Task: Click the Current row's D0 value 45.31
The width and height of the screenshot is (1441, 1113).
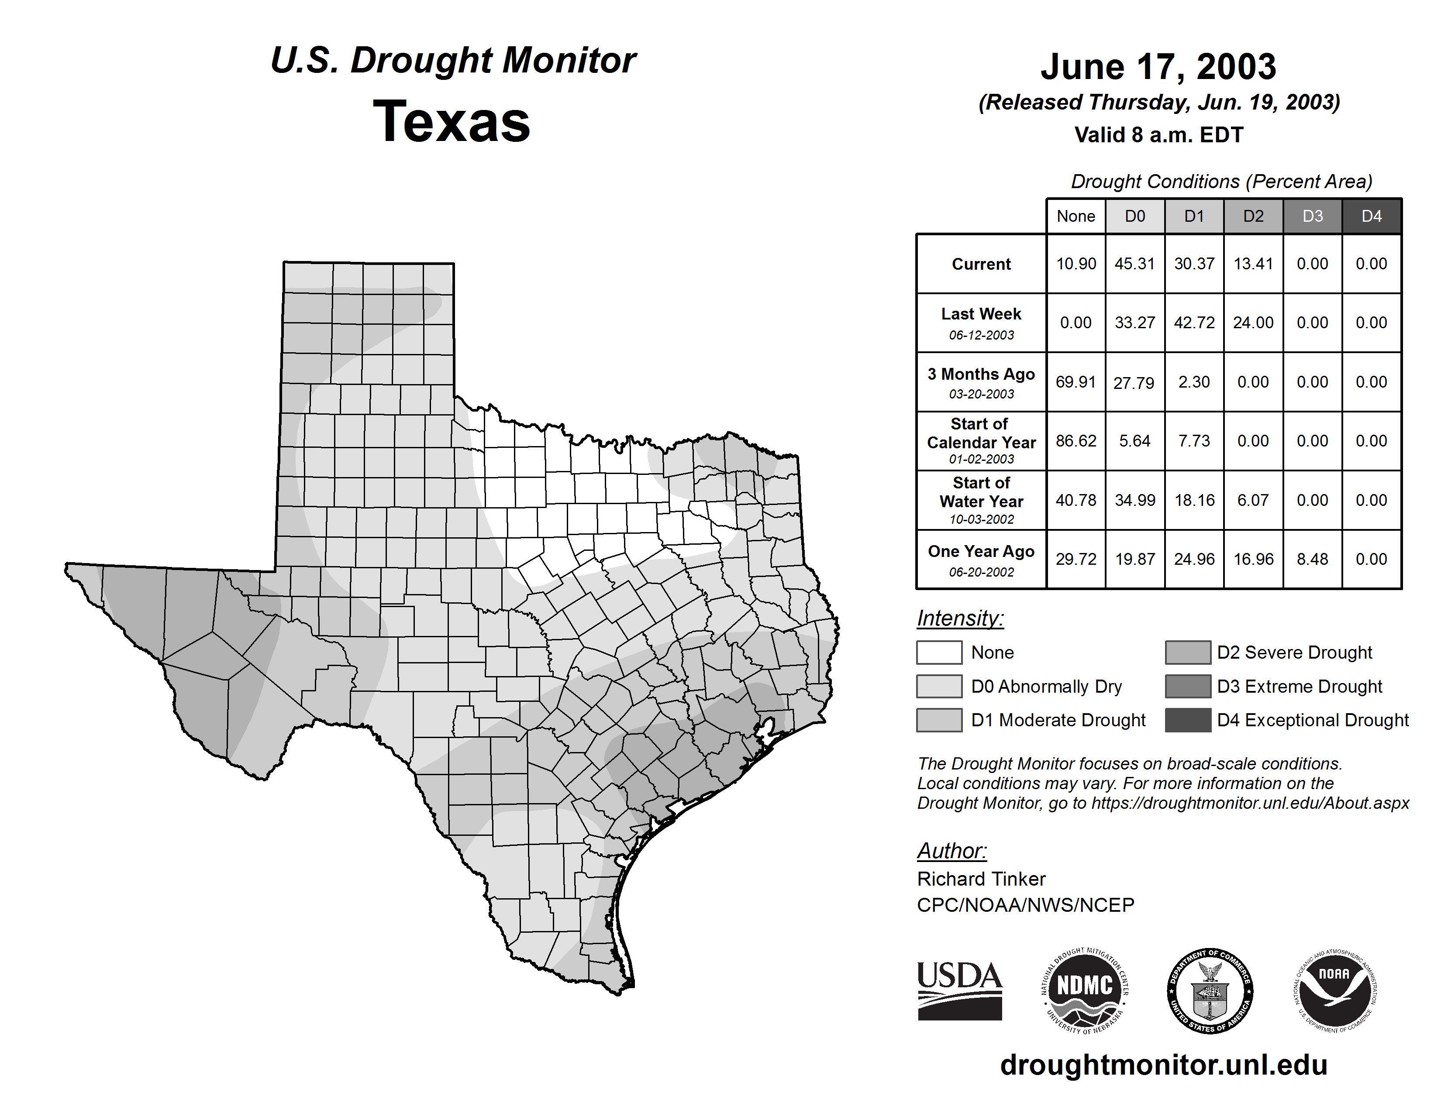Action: point(1135,264)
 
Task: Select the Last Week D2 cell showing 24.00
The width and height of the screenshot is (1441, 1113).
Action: point(1253,323)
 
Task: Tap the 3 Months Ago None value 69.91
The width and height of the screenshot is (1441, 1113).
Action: point(1076,382)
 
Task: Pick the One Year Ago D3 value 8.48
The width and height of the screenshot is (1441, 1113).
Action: point(1312,559)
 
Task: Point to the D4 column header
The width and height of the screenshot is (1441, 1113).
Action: point(1371,216)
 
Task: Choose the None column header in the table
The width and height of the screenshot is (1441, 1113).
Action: point(1076,216)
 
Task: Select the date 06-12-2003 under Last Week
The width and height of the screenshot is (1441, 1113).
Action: point(981,335)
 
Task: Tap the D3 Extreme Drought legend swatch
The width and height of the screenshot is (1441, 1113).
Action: point(1188,686)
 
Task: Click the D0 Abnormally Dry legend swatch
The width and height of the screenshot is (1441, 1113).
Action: point(939,686)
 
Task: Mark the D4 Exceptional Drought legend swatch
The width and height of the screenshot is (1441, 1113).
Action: point(1188,720)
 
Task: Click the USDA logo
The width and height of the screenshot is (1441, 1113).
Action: point(959,990)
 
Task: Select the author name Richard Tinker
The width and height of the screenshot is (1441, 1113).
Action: point(981,879)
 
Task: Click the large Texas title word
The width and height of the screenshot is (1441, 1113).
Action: point(452,121)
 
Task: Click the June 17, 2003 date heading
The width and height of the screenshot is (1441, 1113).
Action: point(1158,67)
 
